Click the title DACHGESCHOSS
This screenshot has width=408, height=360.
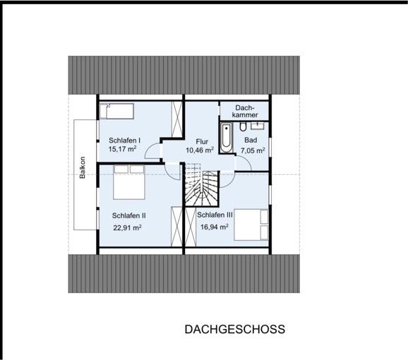(x=234, y=330)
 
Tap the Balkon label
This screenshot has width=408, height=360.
(x=83, y=168)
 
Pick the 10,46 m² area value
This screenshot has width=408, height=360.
(x=200, y=150)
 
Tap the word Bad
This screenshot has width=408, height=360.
(x=251, y=140)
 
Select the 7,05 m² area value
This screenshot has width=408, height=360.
(x=252, y=150)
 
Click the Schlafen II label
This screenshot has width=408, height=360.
(x=128, y=215)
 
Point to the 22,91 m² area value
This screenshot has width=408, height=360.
(x=128, y=227)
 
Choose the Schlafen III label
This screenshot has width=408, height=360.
(x=215, y=215)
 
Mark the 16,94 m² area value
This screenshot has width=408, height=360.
(x=213, y=227)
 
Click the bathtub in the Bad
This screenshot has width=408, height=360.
(x=226, y=138)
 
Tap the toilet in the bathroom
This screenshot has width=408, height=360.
(x=242, y=126)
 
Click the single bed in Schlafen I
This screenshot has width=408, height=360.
(x=117, y=111)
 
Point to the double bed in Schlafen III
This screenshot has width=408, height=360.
(x=251, y=226)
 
